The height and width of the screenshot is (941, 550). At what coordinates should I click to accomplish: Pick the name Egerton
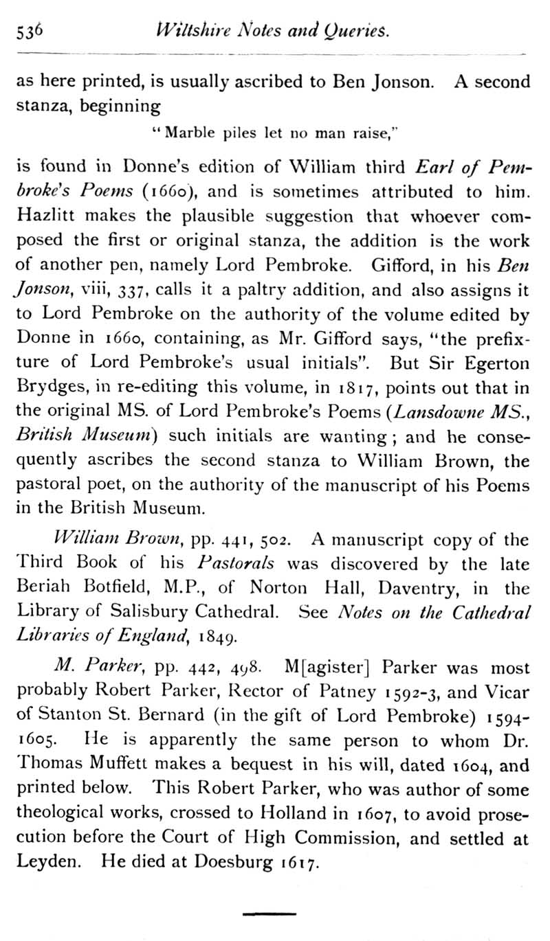click(500, 365)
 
